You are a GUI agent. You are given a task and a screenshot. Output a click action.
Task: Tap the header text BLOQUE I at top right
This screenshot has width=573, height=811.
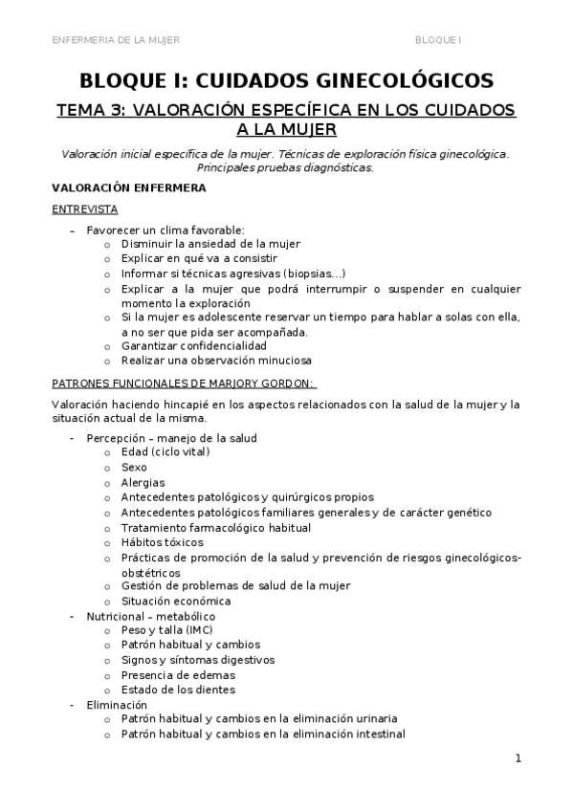pyautogui.click(x=438, y=39)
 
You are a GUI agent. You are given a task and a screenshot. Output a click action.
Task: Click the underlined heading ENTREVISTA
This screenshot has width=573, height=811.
pyautogui.click(x=84, y=208)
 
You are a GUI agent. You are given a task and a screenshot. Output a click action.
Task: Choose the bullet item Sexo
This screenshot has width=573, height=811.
pyautogui.click(x=134, y=467)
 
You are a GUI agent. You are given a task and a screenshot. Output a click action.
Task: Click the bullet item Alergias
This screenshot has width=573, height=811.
pyautogui.click(x=143, y=482)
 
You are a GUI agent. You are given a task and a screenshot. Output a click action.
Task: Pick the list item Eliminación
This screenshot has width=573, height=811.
pyautogui.click(x=117, y=704)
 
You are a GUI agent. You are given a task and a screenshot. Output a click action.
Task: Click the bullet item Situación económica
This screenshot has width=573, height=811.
pyautogui.click(x=175, y=601)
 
